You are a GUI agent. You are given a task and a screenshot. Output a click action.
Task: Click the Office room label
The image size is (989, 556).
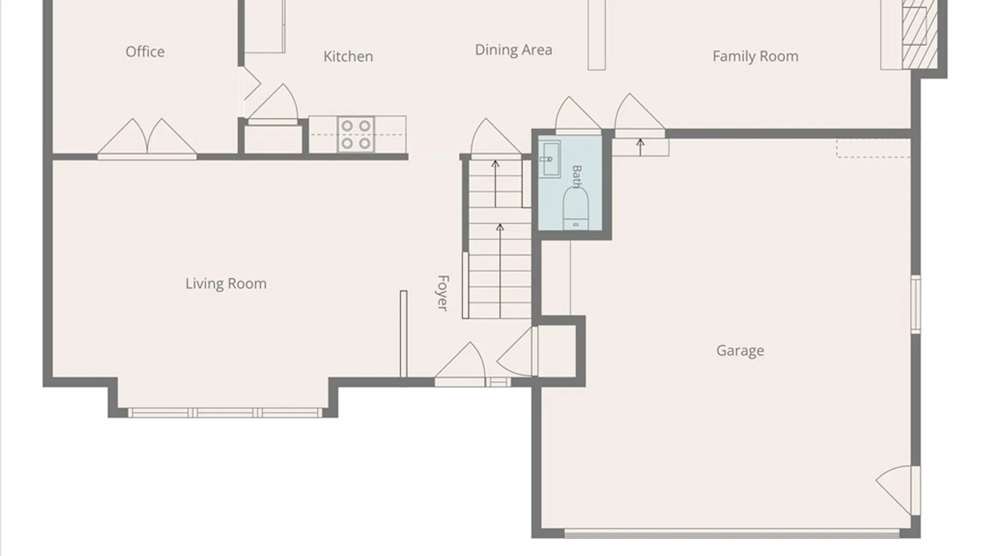coord(145,51)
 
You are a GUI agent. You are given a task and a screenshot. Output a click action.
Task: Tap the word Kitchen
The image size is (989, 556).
coord(348,56)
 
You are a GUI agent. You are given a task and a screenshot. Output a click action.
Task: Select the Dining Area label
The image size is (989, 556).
coord(514,50)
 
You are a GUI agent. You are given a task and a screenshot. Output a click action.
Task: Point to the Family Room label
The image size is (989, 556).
coord(756,56)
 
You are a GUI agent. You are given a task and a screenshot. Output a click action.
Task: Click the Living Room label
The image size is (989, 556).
coord(226,284)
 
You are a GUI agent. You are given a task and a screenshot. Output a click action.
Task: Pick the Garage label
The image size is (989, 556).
coord(740,351)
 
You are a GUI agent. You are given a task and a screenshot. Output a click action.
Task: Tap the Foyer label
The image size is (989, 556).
coord(442,293)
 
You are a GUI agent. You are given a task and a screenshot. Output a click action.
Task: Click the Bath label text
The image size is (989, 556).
coord(577,177)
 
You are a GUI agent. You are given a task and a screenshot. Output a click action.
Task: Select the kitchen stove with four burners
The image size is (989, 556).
coord(356,134)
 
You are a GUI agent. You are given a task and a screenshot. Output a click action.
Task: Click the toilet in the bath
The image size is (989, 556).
coord(575,208)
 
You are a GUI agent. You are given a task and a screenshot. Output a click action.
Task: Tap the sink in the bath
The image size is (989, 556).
coord(550,158)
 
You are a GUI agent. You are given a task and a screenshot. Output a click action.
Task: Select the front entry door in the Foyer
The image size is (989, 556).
coord(460,363)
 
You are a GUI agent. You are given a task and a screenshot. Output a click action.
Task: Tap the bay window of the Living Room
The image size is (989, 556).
coord(225,413)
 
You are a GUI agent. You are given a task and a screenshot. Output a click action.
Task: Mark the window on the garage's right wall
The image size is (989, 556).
coord(915,304)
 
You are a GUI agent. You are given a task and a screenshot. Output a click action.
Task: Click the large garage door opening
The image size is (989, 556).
coord(732,534)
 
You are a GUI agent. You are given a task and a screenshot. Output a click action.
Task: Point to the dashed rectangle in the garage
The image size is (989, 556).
coord(874,148)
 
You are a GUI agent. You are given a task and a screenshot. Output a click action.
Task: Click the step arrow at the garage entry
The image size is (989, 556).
coord(640,147)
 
